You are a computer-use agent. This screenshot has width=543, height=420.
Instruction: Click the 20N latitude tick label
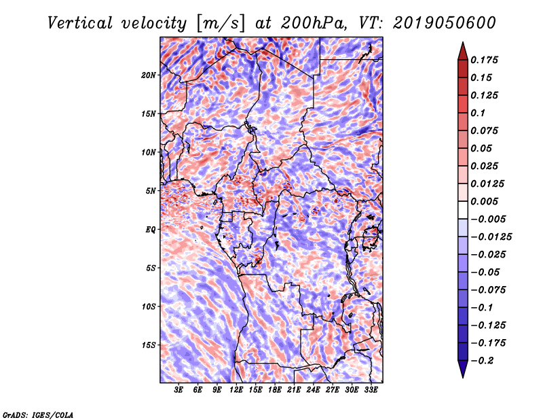coord(149,75)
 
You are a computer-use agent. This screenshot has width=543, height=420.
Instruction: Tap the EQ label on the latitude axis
coord(150,229)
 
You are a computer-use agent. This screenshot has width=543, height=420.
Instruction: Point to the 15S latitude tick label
coord(149,345)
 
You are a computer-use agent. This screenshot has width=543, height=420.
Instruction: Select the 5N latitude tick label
coord(150,191)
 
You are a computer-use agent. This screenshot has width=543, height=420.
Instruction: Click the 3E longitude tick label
coord(179,390)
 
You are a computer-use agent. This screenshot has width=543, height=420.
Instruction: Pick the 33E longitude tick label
coord(371,390)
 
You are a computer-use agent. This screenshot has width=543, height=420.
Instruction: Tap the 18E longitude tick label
coord(275,390)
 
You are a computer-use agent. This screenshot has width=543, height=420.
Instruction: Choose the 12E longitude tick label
coord(236,390)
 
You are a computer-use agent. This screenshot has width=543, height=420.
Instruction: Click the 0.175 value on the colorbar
coord(486,60)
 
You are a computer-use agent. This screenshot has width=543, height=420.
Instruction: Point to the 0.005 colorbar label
coord(486,201)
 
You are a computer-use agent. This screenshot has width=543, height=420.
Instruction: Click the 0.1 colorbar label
coord(481,113)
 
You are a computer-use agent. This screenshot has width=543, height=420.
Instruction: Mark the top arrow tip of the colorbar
coord(462,43)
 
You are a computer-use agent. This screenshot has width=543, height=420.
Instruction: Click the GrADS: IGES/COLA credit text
coord(37,414)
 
